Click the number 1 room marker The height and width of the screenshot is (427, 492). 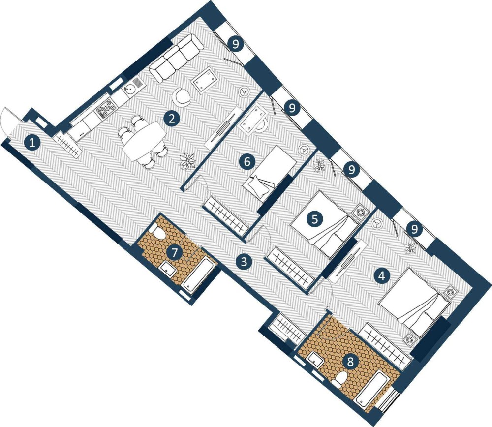pos(31,144)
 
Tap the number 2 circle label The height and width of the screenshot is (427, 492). pos(172,119)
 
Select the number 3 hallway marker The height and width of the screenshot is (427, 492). pos(244,261)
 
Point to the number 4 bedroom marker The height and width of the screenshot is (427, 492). pos(382,276)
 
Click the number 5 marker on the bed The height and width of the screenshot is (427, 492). pos(315,219)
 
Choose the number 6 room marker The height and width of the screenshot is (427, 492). pos(247,162)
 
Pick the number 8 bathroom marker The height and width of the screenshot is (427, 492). pos(350,361)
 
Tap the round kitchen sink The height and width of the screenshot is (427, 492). pos(128,91)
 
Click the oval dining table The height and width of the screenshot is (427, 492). pos(145,143)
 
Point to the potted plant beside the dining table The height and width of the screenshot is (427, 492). pos(187,161)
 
